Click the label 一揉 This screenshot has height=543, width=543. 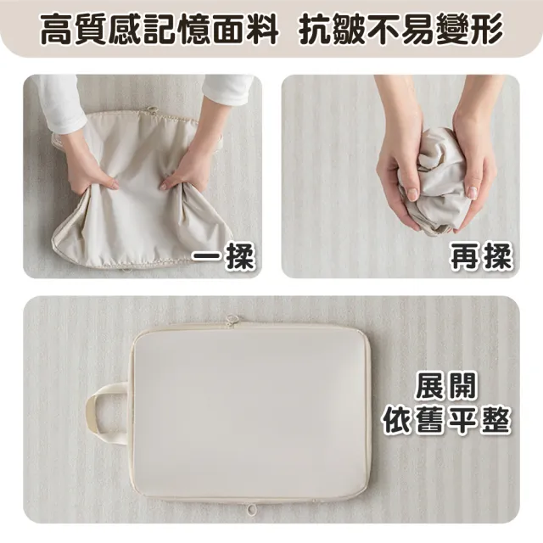223,256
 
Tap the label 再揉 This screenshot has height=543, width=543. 481,256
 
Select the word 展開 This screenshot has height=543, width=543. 446,386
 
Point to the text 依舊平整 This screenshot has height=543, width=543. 446,420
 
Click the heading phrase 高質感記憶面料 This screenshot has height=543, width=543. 160,29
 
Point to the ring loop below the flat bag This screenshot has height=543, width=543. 252,509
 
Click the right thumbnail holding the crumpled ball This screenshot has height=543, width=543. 472,193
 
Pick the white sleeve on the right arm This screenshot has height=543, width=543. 227,89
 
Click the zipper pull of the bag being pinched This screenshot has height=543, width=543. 152,110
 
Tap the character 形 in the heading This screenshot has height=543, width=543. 487,29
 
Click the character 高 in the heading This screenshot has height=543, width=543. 57,29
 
